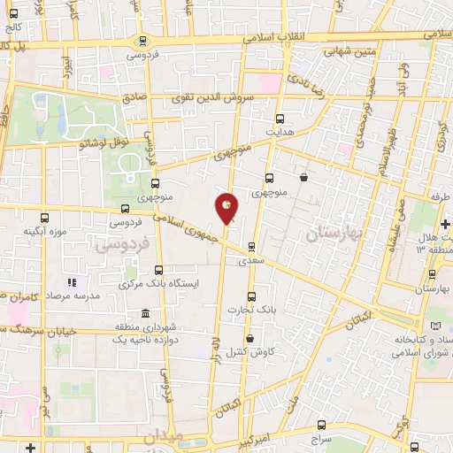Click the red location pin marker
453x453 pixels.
point(227,208)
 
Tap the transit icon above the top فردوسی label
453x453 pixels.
point(142,40)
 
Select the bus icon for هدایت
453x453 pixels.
point(280,118)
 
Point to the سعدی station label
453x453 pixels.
point(250,262)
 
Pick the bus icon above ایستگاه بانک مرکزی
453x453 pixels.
point(159,269)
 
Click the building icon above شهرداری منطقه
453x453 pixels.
point(146,312)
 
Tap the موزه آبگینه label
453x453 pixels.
point(44,232)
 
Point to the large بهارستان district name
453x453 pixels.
point(329,234)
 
